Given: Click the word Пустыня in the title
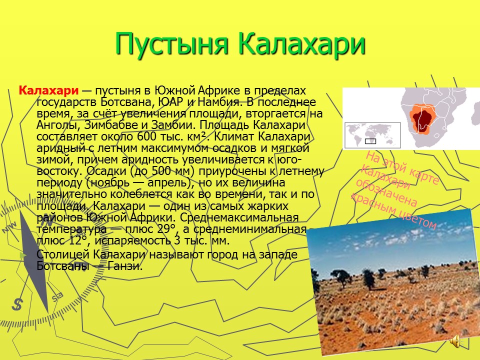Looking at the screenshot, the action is [x=172, y=44].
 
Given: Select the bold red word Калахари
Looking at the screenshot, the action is [x=48, y=90].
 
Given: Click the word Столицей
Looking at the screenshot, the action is [x=63, y=254].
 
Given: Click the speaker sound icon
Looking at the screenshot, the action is [x=455, y=341].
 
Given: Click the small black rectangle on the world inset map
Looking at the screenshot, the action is [x=370, y=141].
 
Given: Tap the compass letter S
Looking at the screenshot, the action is [x=17, y=304].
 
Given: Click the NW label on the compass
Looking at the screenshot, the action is [x=10, y=228].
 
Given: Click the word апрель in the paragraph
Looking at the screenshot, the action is [x=169, y=183].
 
